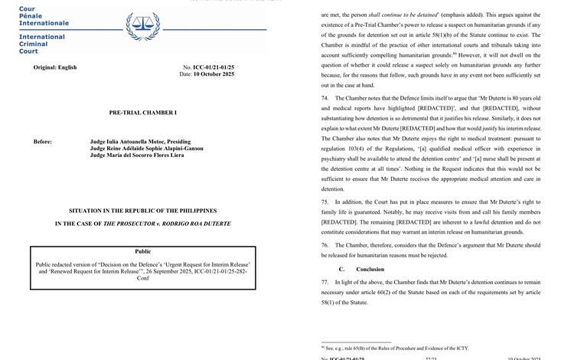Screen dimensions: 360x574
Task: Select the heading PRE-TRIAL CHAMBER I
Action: tap(142, 113)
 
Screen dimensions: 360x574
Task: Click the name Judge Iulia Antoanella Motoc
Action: tap(140, 142)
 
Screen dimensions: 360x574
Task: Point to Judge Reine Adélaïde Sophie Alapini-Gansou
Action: tap(147, 149)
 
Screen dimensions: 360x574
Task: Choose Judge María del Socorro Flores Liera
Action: tap(137, 155)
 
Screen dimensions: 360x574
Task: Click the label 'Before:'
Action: tap(43, 142)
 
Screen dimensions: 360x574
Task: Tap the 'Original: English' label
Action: tap(55, 67)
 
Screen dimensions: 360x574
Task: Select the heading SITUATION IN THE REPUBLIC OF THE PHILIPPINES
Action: tap(142, 211)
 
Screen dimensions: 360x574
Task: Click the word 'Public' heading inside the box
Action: tap(142, 251)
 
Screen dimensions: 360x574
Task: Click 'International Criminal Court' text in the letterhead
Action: tap(42, 44)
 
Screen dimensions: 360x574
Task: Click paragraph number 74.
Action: tap(325, 99)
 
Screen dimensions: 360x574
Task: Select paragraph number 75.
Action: tap(325, 201)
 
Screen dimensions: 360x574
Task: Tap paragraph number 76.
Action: tap(325, 245)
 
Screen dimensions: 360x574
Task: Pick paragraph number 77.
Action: tap(325, 283)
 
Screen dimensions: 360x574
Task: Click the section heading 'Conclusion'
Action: tap(370, 270)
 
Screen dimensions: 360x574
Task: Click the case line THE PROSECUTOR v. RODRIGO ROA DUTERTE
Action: tap(142, 224)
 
